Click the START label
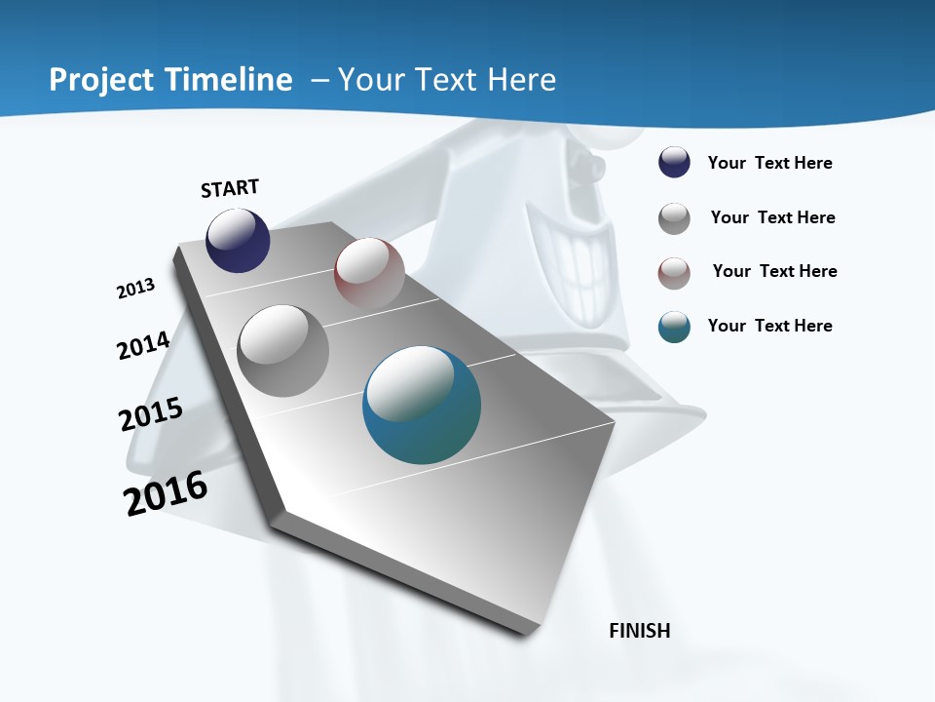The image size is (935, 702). click(x=230, y=188)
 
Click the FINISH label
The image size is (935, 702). click(x=640, y=631)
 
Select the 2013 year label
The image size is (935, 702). click(x=135, y=289)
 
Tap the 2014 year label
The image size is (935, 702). click(x=143, y=346)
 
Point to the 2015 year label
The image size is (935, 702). click(x=151, y=414)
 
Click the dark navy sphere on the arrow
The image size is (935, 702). click(x=238, y=241)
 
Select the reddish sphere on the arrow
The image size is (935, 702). click(x=369, y=273)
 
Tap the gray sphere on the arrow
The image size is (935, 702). click(x=283, y=350)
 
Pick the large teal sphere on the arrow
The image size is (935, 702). click(x=422, y=405)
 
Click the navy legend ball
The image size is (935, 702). click(x=674, y=163)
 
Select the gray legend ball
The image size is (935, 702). click(x=674, y=218)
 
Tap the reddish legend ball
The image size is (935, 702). click(x=674, y=273)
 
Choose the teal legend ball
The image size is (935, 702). click(x=674, y=327)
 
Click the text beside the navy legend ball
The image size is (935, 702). click(x=769, y=163)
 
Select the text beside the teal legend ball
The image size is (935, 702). click(x=769, y=326)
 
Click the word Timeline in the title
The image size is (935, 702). click(x=232, y=80)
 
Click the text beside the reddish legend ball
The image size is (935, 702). click(x=774, y=271)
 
